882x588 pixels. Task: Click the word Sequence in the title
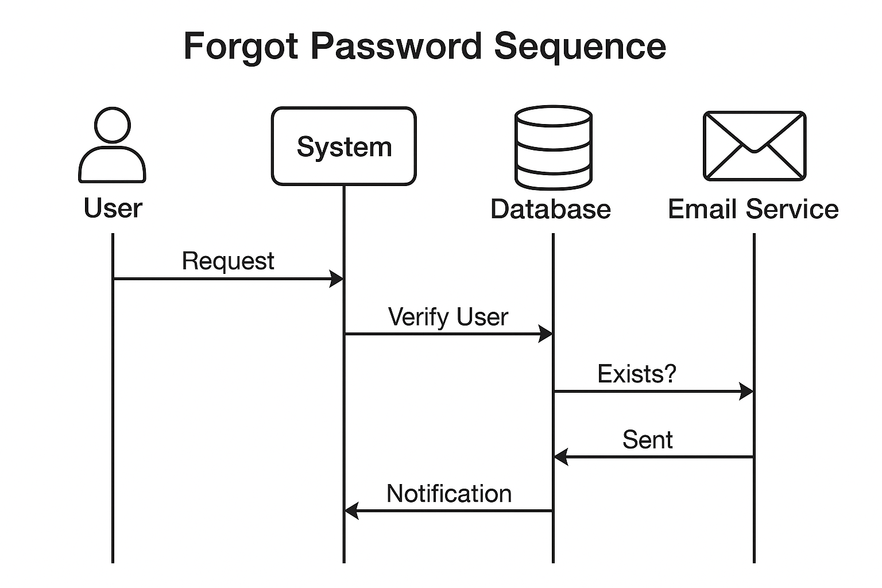[579, 47]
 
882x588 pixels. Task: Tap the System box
[343, 146]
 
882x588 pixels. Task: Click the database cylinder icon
[553, 148]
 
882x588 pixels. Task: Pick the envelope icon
[755, 146]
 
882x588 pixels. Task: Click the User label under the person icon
[113, 208]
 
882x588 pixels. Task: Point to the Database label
[550, 209]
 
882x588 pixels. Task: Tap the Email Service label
[753, 209]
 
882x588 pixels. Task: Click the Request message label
[228, 261]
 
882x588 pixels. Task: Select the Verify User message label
[448, 317]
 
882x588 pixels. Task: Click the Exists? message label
[637, 374]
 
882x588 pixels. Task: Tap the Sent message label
[647, 440]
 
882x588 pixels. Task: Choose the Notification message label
[448, 494]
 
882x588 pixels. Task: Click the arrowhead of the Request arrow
[336, 279]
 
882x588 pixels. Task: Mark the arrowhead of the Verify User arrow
[546, 334]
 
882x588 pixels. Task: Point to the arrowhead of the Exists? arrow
[746, 392]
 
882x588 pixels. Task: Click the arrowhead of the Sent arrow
[560, 457]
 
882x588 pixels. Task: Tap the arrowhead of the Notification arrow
[351, 510]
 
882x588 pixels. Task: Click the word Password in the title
[396, 47]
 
